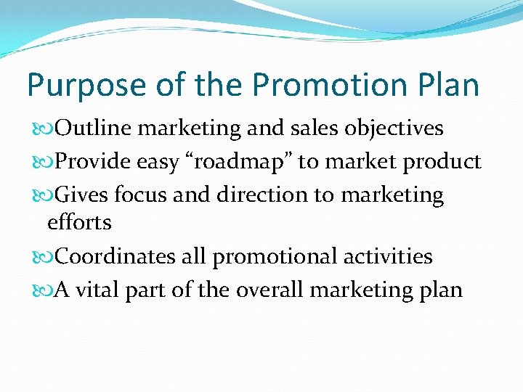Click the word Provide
[94, 162]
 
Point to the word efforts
[79, 222]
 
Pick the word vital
[97, 290]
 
